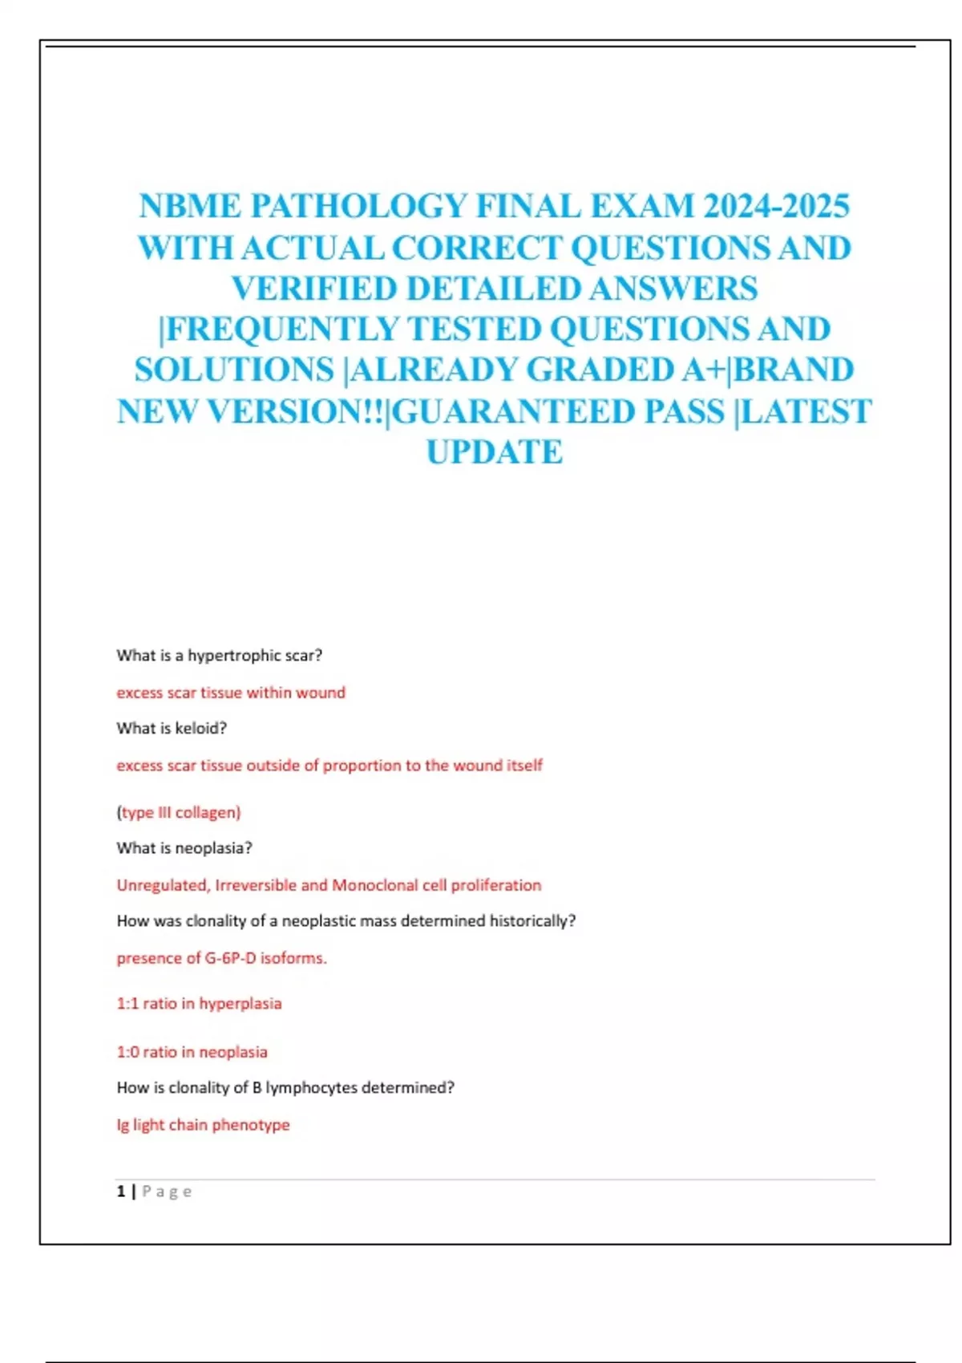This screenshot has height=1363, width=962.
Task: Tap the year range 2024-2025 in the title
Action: pyautogui.click(x=776, y=206)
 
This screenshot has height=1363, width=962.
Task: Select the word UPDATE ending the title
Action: pyautogui.click(x=494, y=452)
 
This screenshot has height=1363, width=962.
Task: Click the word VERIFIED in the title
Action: pyautogui.click(x=315, y=289)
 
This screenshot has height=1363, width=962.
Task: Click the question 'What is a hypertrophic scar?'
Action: pyautogui.click(x=219, y=655)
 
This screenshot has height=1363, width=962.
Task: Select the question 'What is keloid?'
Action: pyautogui.click(x=172, y=728)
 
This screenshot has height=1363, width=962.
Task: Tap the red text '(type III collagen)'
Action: pyautogui.click(x=179, y=812)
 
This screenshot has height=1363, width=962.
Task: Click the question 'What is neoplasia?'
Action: pyautogui.click(x=184, y=847)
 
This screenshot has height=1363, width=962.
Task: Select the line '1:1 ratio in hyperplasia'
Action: pyautogui.click(x=199, y=1004)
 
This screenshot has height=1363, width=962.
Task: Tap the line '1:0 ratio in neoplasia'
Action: pyautogui.click(x=192, y=1052)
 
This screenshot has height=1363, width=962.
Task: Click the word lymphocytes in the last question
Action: pyautogui.click(x=311, y=1088)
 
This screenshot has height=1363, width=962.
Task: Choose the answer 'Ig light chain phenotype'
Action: pyautogui.click(x=203, y=1125)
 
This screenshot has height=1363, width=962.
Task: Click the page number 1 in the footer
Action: pyautogui.click(x=121, y=1191)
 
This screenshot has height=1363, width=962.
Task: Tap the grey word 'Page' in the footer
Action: pyautogui.click(x=167, y=1191)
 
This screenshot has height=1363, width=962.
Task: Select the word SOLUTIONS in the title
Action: pyautogui.click(x=234, y=370)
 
